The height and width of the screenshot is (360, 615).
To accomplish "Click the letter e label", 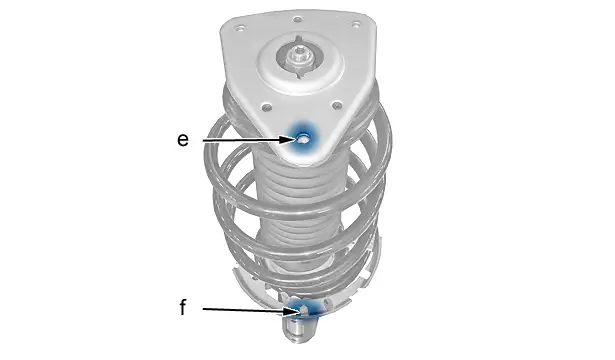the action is tap(183, 140).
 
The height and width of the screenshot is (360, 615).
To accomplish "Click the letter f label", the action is tap(183, 307).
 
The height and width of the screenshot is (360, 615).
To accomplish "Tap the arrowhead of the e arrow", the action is tap(289, 139).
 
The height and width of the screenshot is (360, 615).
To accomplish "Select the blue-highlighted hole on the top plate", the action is tap(302, 138).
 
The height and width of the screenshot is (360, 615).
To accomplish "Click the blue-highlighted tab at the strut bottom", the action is tap(303, 309).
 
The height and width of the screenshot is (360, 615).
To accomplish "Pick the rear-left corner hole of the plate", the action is tap(240, 28).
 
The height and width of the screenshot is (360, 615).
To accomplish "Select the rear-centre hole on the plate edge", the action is tap(298, 19).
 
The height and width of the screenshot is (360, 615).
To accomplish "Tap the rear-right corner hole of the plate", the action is tap(355, 25).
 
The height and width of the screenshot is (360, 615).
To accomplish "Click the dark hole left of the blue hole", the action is tap(267, 107).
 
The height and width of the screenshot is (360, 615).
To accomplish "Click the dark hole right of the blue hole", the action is tap(337, 105).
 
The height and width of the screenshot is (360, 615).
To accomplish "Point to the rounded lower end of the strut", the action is tap(300, 331).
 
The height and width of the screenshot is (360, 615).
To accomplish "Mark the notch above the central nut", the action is tap(299, 38).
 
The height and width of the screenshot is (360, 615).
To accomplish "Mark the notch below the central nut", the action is tap(301, 75).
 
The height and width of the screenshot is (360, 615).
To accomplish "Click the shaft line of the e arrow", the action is tap(242, 140).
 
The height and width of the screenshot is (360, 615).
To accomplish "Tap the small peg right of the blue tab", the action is tap(326, 303).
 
